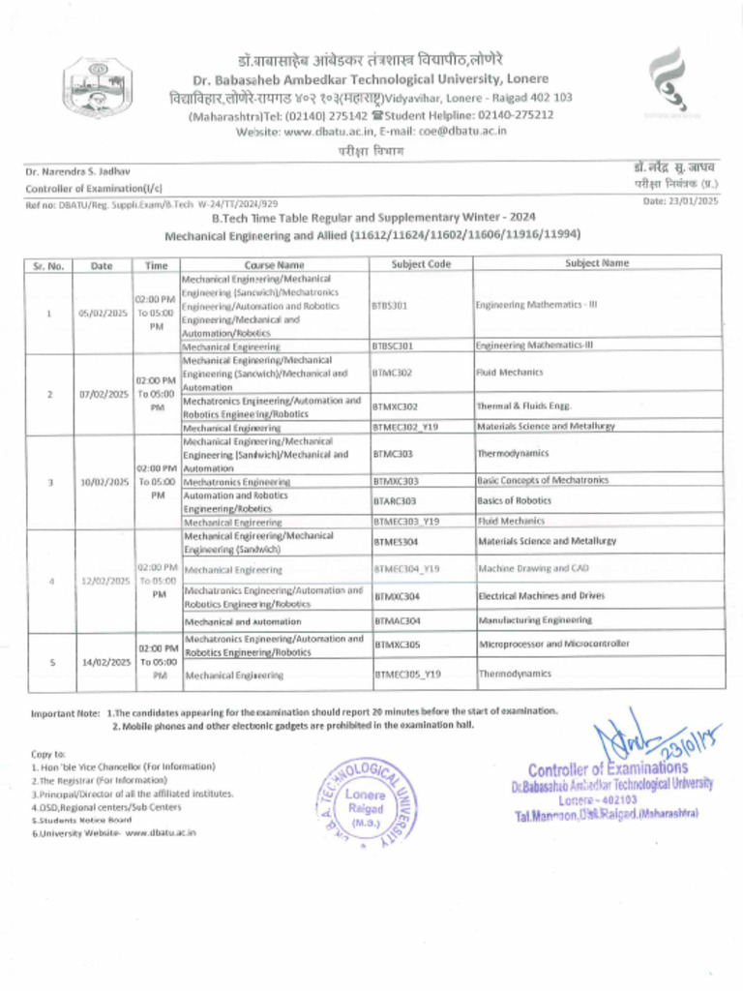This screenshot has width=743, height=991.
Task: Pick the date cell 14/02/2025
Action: [104, 662]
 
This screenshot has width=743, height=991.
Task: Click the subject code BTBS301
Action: [390, 304]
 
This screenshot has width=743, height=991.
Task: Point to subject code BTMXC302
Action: [396, 407]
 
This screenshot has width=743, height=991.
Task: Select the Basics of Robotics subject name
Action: [514, 501]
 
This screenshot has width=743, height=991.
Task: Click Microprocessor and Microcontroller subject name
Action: [554, 644]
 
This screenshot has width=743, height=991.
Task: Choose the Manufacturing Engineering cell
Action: [535, 620]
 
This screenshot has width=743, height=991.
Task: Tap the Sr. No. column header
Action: [48, 264]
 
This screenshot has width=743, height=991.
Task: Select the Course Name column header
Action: [274, 264]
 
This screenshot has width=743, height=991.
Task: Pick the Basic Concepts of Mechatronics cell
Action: [543, 481]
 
